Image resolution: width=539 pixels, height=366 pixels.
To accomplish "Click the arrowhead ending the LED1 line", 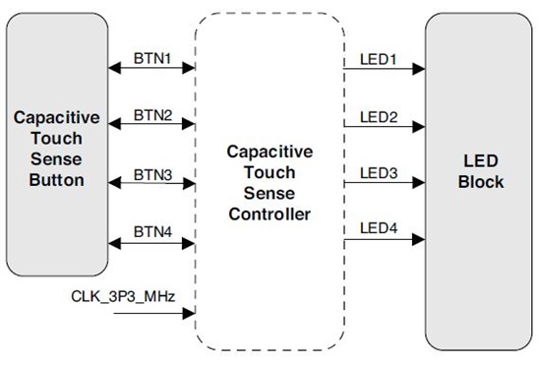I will pos(420,69).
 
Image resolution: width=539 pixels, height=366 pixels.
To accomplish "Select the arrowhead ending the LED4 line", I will pos(420,239).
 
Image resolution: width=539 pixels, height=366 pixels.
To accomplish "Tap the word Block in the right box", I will pos(480,182).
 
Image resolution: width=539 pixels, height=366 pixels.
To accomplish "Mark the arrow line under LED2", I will pos(384,126).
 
